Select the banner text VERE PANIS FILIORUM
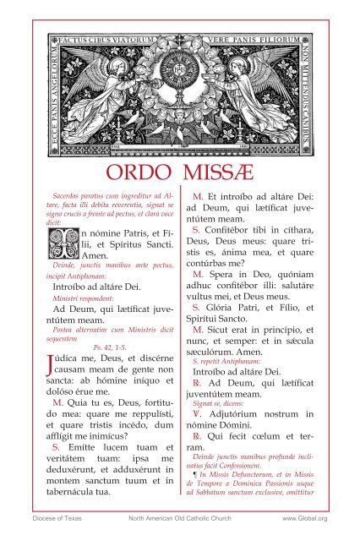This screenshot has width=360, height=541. click(x=253, y=38)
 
